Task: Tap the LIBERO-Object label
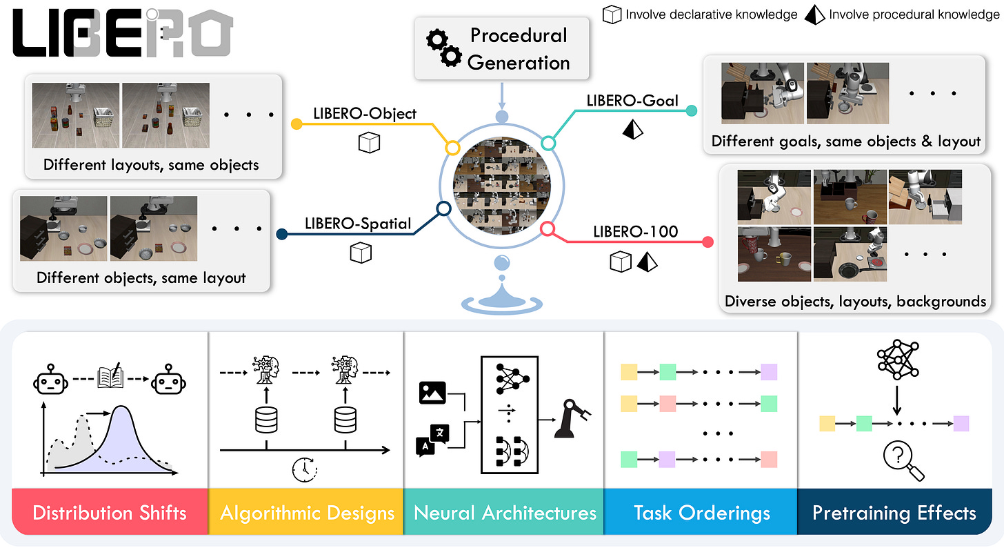365,113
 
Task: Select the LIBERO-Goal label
632,101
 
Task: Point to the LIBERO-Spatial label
358,224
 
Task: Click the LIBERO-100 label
636,232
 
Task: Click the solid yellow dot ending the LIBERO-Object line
297,124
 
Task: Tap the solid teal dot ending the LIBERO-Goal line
692,110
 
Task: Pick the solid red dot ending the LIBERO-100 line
707,242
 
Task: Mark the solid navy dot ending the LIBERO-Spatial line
282,234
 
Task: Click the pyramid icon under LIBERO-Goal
632,129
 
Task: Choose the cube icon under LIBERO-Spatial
361,253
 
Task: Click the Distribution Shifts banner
110,511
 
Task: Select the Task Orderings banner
701,511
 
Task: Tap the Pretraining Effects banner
894,511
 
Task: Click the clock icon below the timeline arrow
305,469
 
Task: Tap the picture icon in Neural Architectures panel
432,393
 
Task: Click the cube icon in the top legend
612,14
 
